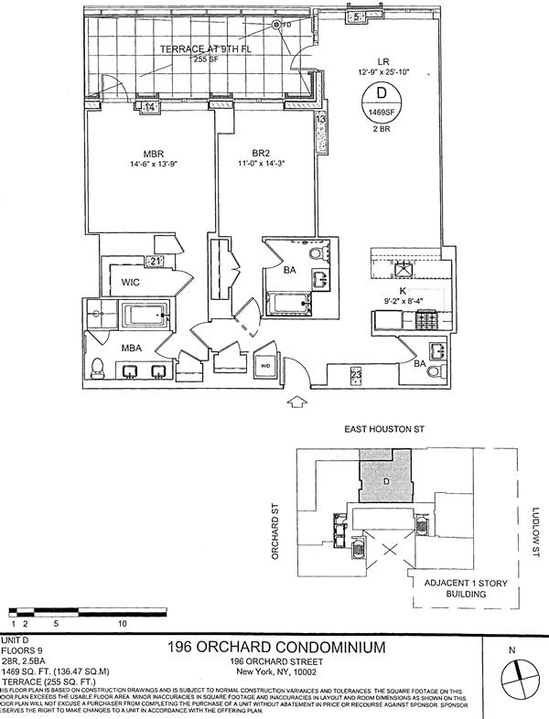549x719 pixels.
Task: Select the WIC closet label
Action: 117,282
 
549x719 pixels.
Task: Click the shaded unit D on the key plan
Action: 384,478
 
